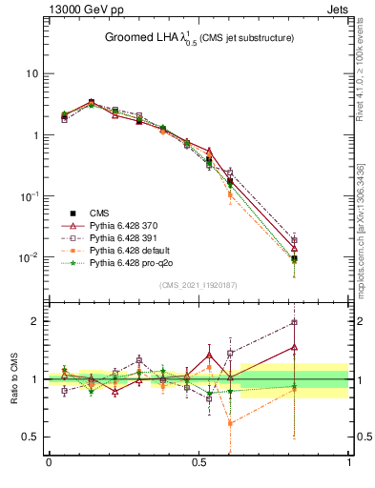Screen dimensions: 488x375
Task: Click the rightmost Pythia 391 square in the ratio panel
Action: click(x=295, y=322)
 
